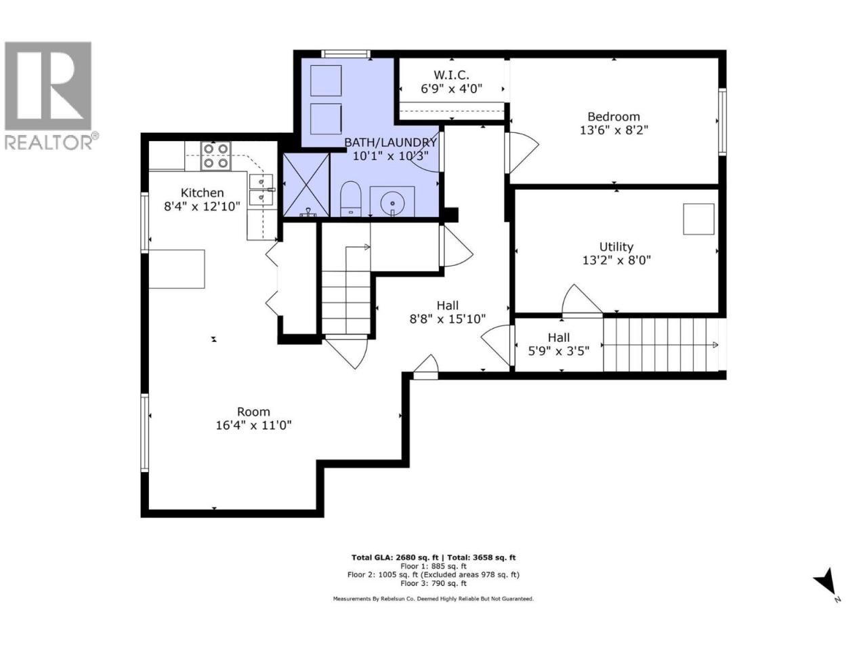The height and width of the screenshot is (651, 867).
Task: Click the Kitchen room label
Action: [202, 193]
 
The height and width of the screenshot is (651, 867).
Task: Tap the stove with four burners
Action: [215, 156]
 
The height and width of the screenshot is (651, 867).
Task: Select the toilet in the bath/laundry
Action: [351, 199]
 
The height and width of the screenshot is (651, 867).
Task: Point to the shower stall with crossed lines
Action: [307, 185]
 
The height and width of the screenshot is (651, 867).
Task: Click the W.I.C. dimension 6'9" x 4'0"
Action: [451, 89]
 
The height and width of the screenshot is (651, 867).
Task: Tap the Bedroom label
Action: [614, 117]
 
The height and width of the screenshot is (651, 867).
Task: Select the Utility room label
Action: [616, 247]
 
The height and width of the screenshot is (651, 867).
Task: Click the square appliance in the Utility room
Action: [699, 219]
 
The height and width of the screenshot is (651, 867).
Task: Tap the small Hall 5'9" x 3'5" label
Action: [559, 344]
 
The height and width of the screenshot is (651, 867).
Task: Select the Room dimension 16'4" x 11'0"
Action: [253, 425]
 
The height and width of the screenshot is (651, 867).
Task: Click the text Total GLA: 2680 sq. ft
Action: [395, 557]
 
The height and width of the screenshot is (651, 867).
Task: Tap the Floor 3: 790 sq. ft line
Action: [433, 583]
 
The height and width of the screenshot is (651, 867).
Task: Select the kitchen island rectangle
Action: [177, 269]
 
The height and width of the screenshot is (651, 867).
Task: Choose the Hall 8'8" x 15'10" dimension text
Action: [448, 319]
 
